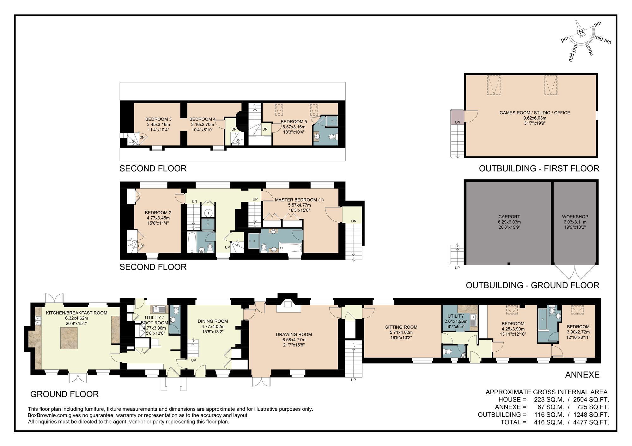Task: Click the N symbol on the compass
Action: tap(581, 32)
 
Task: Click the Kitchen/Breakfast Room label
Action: tap(76, 313)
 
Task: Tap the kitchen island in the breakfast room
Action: tap(69, 338)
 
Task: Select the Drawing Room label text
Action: tap(294, 334)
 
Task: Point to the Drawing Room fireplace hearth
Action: tap(288, 306)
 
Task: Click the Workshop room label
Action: tap(575, 217)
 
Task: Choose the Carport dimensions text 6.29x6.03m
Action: tap(509, 222)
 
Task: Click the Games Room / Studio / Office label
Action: tap(535, 113)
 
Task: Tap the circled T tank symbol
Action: tap(209, 213)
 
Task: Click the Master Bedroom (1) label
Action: tap(299, 200)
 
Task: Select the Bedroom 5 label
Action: tap(294, 121)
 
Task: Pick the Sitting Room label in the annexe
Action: tap(401, 327)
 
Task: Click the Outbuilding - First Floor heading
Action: tap(539, 168)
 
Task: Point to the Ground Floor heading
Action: tap(64, 394)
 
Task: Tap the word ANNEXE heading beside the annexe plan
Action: tap(582, 374)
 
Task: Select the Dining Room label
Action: tap(213, 321)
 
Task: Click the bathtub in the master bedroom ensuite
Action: tap(290, 248)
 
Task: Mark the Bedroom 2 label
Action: tap(158, 213)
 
